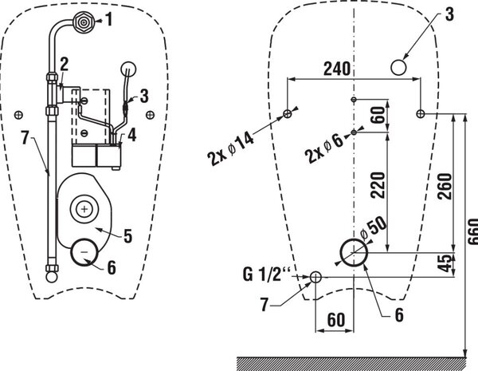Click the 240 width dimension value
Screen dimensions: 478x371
point(336,69)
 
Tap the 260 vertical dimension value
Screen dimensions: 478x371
point(445,186)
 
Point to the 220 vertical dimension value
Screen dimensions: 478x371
point(378,185)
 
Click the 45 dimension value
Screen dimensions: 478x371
point(445,263)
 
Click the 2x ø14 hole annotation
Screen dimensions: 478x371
point(230,150)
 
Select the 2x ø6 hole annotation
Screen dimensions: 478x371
point(324,149)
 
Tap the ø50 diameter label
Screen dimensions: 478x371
point(373,228)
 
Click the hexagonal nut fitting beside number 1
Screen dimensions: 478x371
point(83,22)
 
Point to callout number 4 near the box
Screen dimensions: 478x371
point(131,135)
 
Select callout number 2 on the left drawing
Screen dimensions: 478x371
point(64,64)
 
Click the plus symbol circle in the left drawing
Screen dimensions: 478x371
point(84,209)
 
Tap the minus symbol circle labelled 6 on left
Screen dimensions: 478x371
point(84,252)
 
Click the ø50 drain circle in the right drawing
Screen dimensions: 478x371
point(354,253)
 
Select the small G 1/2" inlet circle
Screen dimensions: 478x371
point(315,278)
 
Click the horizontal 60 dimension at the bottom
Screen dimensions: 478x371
point(336,320)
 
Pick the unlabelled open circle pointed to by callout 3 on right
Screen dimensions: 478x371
point(398,67)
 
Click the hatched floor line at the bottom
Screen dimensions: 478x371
point(351,363)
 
